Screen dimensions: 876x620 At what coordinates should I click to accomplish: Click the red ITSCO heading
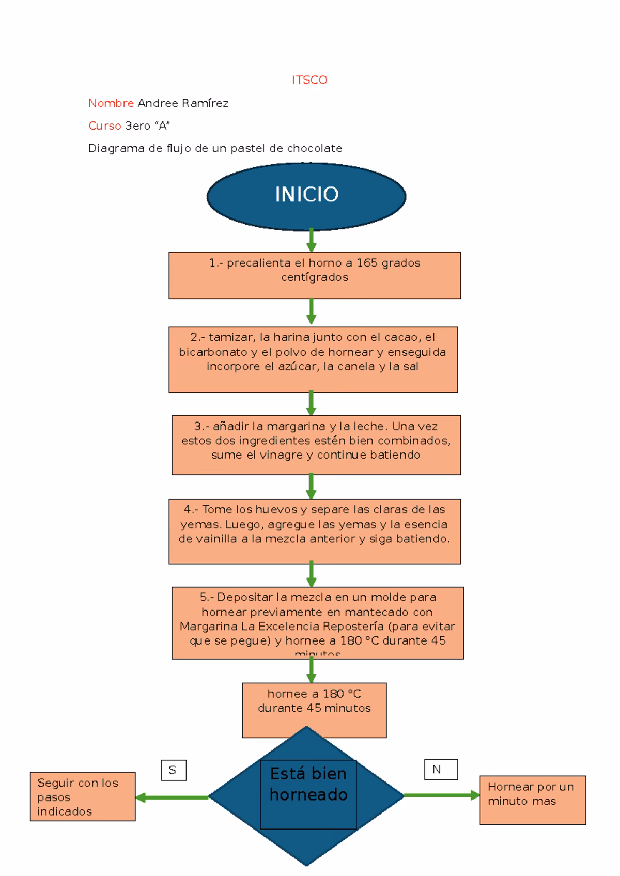coord(309,80)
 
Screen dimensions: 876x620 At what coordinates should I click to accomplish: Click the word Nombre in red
coord(111,103)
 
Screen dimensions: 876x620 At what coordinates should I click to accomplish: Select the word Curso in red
coord(104,126)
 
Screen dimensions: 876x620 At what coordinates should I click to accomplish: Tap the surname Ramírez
coord(205,103)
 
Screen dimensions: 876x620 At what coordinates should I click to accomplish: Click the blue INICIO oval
coord(306,196)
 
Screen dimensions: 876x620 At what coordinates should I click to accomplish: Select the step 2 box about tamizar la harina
coord(313,359)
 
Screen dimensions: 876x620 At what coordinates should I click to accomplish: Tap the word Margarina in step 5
coord(208,627)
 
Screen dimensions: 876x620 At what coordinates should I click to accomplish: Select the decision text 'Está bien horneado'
coord(308,784)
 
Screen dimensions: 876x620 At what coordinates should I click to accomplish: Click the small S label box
coord(173,770)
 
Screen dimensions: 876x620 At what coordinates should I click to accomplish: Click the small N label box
coord(440,770)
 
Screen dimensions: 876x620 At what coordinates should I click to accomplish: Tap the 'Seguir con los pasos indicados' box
coord(83,796)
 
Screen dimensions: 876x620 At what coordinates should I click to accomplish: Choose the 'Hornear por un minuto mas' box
coord(533,800)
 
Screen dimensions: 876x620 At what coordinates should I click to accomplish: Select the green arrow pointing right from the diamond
coord(442,795)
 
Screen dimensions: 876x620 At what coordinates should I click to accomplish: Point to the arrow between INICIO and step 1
coord(311,240)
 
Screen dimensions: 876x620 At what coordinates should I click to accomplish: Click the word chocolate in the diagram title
coord(314,149)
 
